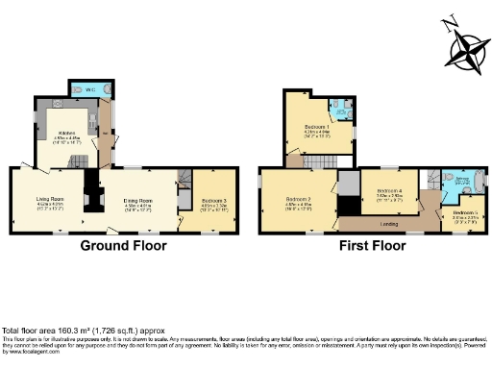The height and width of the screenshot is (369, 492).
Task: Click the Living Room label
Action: pyautogui.click(x=49, y=199)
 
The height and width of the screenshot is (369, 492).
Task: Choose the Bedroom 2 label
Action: pyautogui.click(x=295, y=199)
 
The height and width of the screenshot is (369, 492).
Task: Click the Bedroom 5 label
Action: pyautogui.click(x=465, y=212)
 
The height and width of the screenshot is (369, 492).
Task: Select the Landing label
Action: pyautogui.click(x=389, y=225)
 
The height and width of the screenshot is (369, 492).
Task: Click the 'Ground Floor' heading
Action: pyautogui.click(x=123, y=246)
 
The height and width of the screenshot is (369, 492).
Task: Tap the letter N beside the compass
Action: pyautogui.click(x=448, y=22)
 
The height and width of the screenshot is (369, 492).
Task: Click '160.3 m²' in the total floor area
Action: pyautogui.click(x=65, y=330)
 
